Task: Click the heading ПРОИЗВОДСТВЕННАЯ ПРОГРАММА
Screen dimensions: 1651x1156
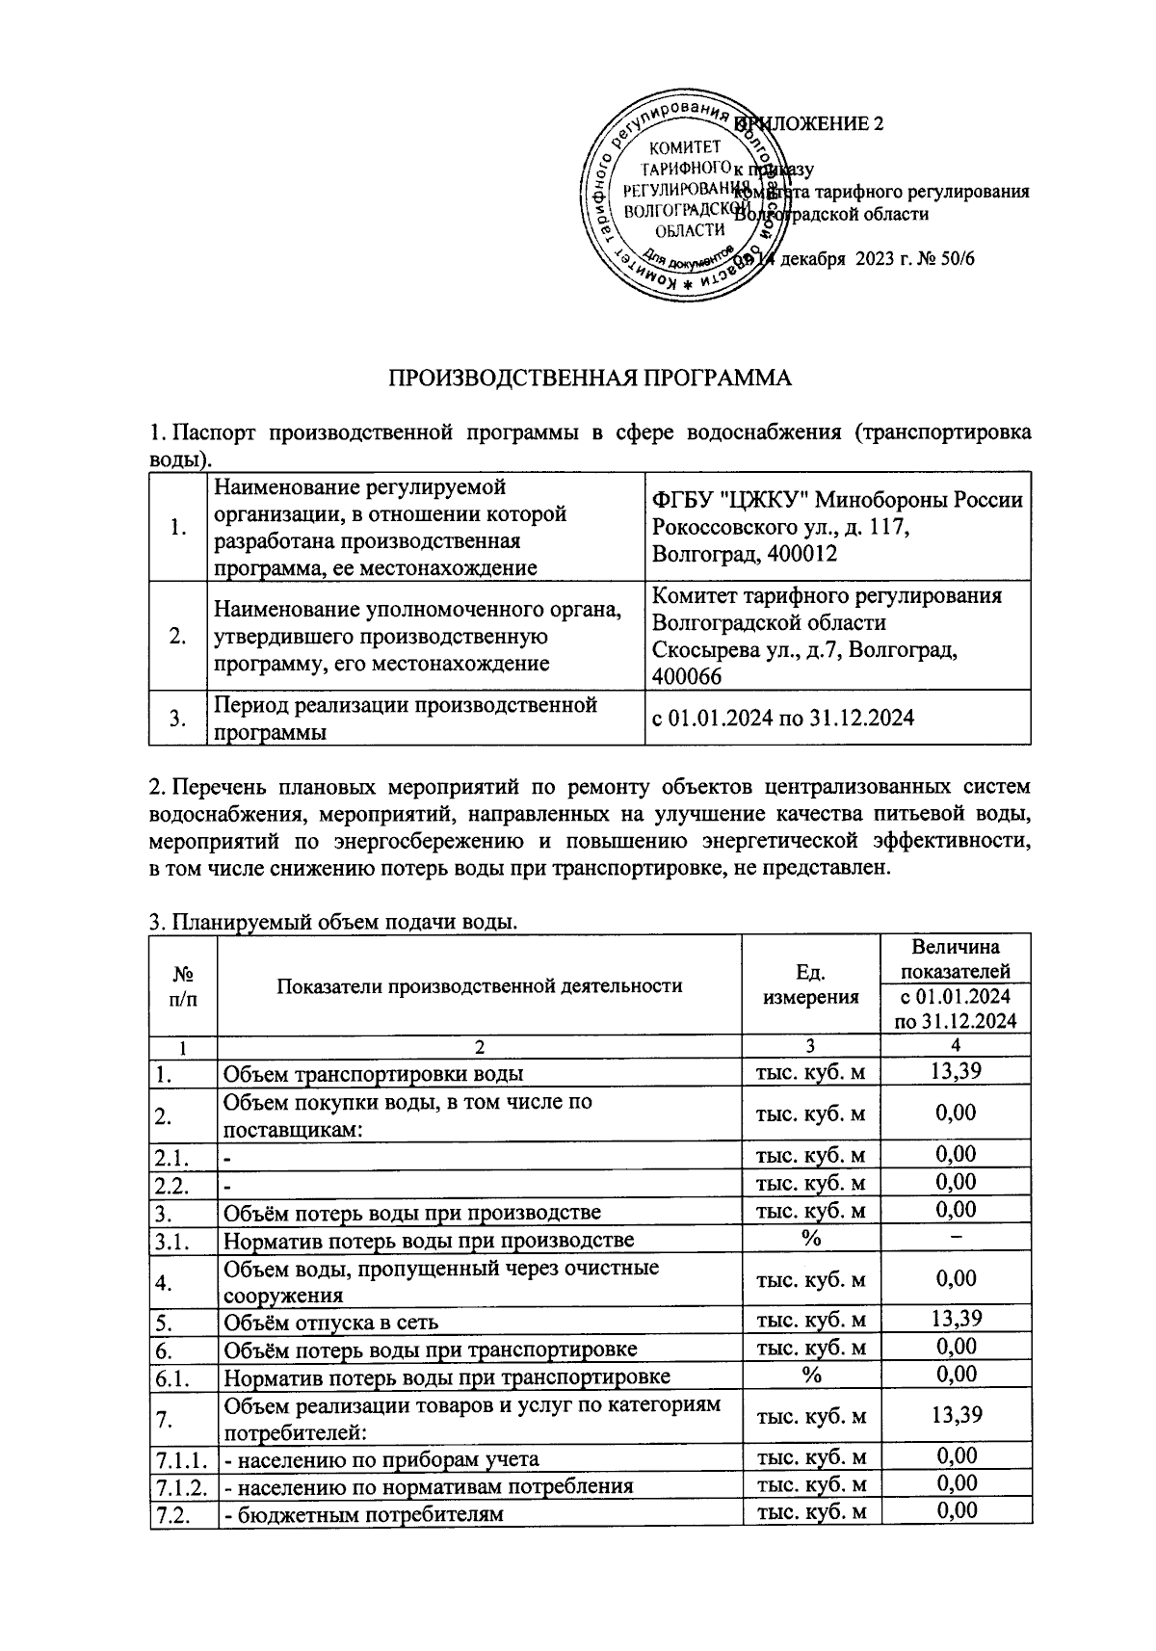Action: click(589, 378)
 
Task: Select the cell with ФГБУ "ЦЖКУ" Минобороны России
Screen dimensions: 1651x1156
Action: click(836, 500)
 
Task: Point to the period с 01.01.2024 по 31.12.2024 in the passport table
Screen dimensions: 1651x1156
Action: click(782, 718)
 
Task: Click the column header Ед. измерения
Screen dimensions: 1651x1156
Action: click(810, 984)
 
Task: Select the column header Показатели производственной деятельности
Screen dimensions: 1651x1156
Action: click(479, 985)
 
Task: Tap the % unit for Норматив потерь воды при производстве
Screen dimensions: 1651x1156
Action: click(810, 1239)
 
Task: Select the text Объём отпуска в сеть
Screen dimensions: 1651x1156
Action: click(331, 1323)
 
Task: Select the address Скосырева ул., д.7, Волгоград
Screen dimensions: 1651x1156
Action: click(804, 650)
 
